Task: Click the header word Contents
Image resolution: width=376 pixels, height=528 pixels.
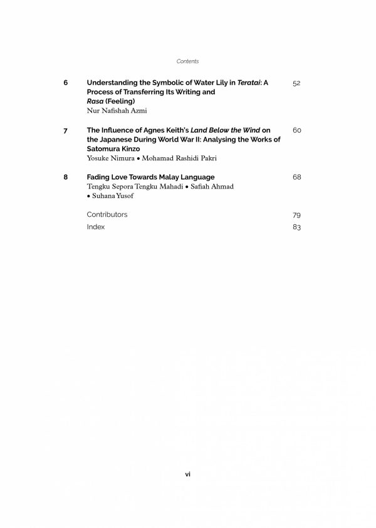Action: coord(188,61)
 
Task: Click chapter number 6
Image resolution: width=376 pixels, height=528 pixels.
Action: coord(66,83)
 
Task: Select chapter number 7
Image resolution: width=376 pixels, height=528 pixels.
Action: coord(66,130)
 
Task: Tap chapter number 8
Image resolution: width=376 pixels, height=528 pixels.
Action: coord(66,177)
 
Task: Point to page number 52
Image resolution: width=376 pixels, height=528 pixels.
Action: coord(296,83)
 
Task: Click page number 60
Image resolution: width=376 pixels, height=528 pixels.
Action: coord(296,130)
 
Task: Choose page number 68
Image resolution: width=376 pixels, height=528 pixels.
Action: coord(296,177)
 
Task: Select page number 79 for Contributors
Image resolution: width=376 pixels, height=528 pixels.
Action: coord(296,215)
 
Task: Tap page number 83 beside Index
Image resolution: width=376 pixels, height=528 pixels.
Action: coord(296,227)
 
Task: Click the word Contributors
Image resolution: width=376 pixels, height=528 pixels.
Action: coord(107,214)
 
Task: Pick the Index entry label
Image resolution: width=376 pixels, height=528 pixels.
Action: coord(96,227)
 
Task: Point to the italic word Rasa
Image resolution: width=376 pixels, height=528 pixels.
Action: coord(95,101)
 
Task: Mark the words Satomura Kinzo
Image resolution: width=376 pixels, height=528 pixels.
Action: coord(113,149)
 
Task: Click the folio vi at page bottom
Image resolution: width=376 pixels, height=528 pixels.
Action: coord(188,474)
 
